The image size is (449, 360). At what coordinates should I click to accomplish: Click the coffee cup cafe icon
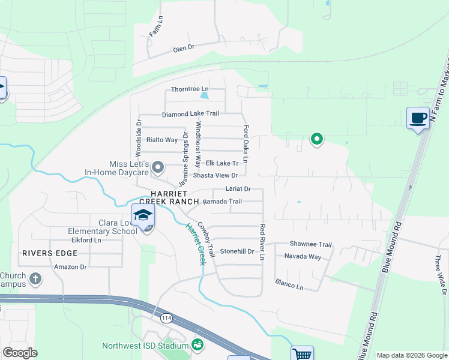[x=418, y=118]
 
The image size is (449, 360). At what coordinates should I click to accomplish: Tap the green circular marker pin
[x=316, y=139]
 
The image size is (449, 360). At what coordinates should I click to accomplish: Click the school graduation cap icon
[x=143, y=215]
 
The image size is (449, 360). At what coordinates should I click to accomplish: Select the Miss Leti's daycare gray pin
[x=158, y=167]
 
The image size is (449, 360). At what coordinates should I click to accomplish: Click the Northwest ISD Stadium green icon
[x=197, y=345]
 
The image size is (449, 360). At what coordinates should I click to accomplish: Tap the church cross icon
[x=35, y=279]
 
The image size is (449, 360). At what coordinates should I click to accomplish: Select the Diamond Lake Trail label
[x=190, y=113]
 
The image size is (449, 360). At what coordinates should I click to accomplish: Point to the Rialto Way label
[x=162, y=140]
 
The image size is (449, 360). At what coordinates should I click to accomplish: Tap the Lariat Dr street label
[x=237, y=189]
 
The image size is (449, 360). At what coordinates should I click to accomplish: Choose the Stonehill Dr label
[x=238, y=251]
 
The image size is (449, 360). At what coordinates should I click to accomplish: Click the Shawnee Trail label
[x=310, y=244]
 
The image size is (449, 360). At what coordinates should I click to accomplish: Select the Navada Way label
[x=302, y=257]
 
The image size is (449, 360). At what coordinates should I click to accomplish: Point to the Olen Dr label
[x=184, y=47]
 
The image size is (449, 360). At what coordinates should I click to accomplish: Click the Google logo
[x=20, y=353]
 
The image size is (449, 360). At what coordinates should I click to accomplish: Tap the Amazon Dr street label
[x=70, y=266]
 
